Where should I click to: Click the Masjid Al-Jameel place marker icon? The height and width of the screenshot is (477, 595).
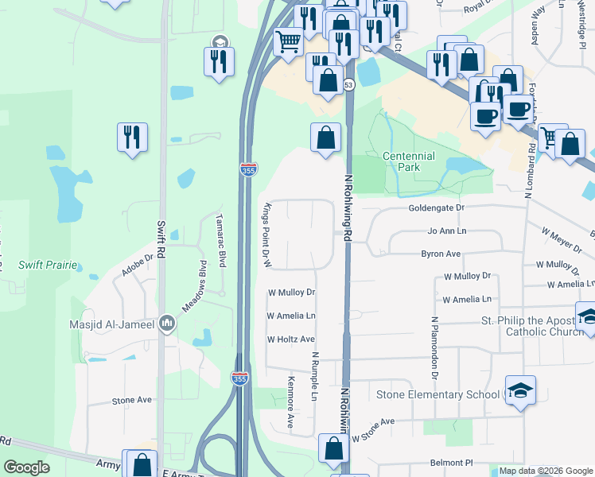click(167, 324)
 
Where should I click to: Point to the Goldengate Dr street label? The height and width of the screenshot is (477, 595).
click(436, 207)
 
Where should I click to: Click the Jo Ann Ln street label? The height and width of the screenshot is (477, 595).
click(446, 231)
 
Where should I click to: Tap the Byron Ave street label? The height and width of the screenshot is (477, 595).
click(441, 254)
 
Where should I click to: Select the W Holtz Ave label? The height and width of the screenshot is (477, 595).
click(291, 339)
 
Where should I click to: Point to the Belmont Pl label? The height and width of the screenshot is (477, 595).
click(452, 462)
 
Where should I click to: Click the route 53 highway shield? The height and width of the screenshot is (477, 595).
click(348, 84)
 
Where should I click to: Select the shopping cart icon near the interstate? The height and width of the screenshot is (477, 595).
click(288, 40)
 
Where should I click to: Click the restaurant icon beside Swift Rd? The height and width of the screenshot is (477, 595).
click(131, 136)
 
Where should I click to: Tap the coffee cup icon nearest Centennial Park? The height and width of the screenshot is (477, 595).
click(484, 114)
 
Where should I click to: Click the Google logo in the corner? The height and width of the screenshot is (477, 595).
click(26, 467)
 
